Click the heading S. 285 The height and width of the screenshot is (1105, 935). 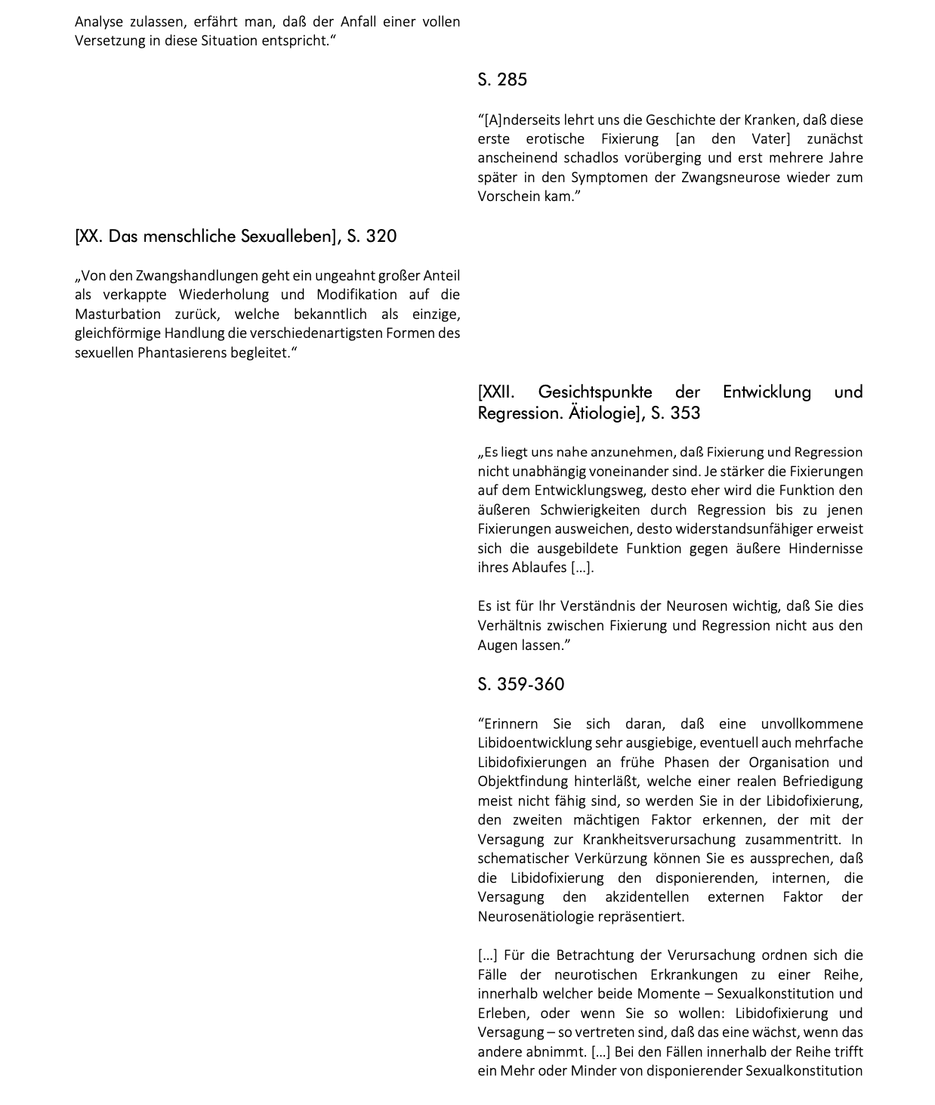[502, 80]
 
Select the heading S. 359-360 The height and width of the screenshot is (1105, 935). [520, 685]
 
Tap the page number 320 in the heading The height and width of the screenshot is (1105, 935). [381, 237]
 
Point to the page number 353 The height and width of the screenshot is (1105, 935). [685, 413]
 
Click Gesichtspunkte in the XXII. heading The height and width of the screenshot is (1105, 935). [595, 392]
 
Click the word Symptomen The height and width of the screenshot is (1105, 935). [592, 178]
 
